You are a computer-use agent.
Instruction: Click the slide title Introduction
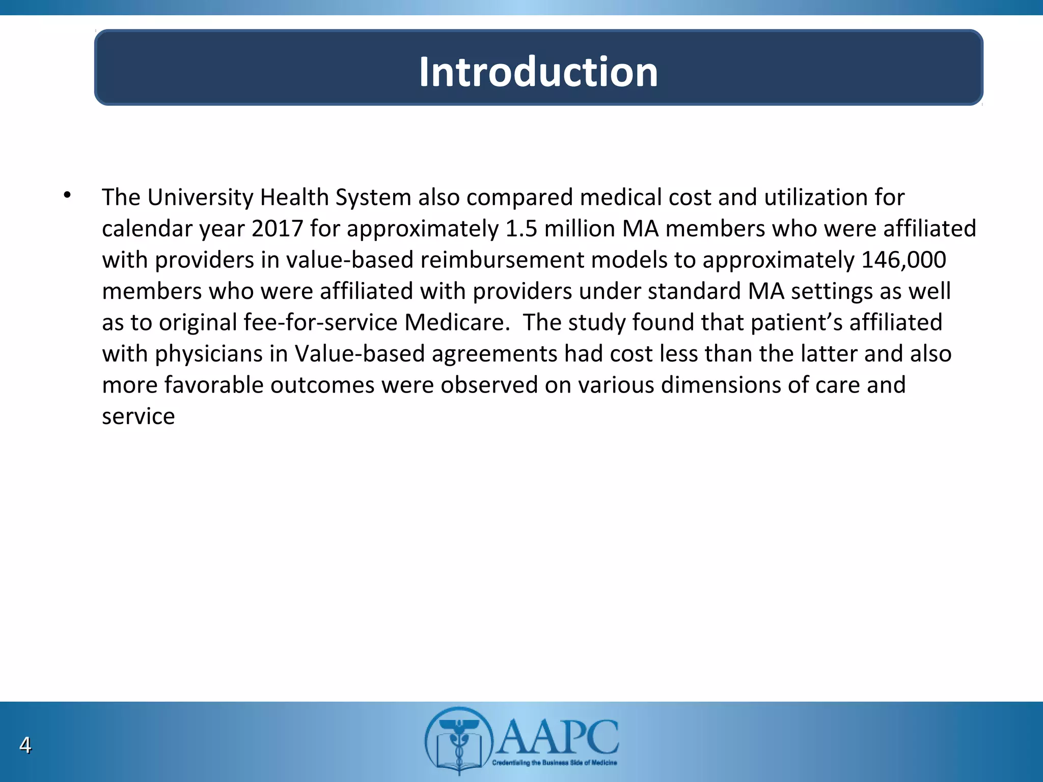click(538, 72)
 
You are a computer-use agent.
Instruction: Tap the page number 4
click(25, 745)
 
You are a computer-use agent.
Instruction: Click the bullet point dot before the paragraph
click(67, 195)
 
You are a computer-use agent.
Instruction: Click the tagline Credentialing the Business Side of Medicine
click(554, 763)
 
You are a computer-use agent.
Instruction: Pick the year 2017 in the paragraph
click(278, 229)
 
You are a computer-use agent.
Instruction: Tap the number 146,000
click(903, 260)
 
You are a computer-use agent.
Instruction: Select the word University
click(200, 198)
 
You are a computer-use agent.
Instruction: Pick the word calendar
click(148, 229)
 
